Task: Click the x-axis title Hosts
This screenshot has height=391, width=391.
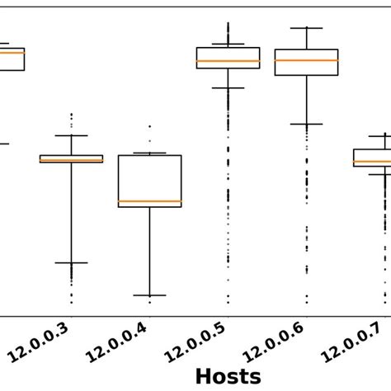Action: point(228,376)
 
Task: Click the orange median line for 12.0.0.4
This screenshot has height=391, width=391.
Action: point(149,201)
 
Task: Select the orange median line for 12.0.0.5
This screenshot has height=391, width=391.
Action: point(228,61)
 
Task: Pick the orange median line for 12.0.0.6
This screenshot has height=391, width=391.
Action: point(306,60)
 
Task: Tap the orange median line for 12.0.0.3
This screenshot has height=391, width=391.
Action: point(71,160)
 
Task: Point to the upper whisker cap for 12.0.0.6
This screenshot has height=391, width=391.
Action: point(306,27)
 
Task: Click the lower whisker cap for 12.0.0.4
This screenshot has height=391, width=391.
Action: point(149,294)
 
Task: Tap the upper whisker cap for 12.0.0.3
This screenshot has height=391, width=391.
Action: point(71,135)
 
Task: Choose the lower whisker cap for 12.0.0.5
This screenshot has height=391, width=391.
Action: point(228,87)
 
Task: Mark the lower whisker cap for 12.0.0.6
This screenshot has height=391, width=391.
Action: point(306,125)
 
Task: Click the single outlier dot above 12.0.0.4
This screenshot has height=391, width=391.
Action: point(149,126)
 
